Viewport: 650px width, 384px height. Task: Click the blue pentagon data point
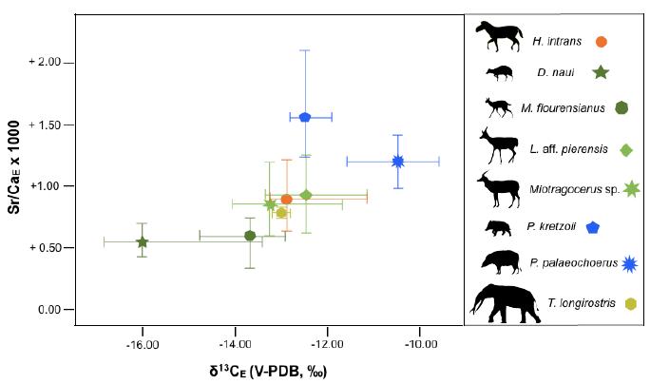tap(305, 117)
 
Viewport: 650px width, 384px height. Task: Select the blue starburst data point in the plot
tap(398, 161)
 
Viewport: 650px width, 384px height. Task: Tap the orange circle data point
tap(286, 199)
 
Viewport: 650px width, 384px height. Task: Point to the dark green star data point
tap(142, 241)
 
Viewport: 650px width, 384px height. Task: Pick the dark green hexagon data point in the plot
tap(250, 236)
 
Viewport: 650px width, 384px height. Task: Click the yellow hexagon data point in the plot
tap(281, 212)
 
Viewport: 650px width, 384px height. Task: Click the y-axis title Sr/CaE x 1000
tap(16, 186)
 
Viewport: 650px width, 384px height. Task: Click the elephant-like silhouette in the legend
tap(507, 299)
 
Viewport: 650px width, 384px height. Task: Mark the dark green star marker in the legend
tap(601, 72)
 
